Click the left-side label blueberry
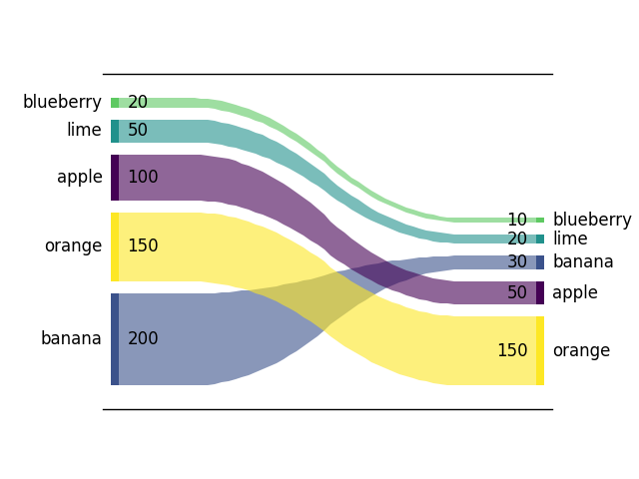tap(62, 102)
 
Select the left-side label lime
tap(84, 131)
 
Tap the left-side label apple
tap(80, 178)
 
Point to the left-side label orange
tap(73, 245)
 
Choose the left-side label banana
tap(71, 338)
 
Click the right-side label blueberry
tap(592, 220)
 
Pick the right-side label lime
tap(570, 239)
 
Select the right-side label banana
tap(583, 262)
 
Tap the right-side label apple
tap(575, 292)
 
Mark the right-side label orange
tap(581, 350)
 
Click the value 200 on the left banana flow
tap(143, 338)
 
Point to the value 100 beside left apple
tap(143, 178)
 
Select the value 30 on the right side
tap(517, 262)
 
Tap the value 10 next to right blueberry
tap(516, 220)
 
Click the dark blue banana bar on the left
tap(115, 338)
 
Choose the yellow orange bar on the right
tap(540, 350)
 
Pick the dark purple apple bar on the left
tap(115, 178)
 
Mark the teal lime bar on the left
tap(115, 131)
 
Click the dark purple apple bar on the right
tap(540, 292)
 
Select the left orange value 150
tap(143, 245)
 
